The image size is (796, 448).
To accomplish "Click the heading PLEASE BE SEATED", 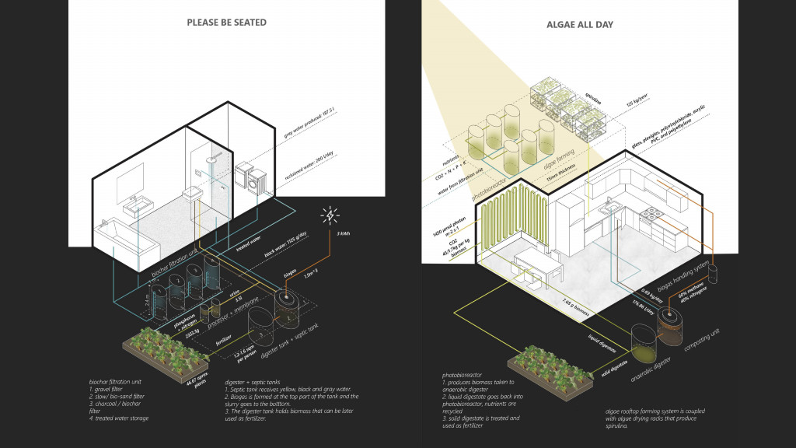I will (x=226, y=23).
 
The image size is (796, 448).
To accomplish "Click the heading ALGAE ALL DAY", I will (x=579, y=24).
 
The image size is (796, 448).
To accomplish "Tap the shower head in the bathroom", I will (x=210, y=164).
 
